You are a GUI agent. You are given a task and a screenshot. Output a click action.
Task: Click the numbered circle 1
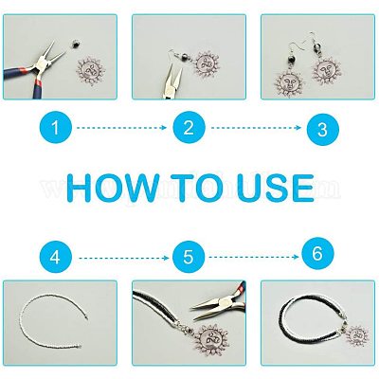click(56, 128)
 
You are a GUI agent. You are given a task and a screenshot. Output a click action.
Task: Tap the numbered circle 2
click(189, 128)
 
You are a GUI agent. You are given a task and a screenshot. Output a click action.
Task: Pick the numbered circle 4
click(56, 258)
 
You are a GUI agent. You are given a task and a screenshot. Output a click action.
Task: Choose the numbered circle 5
click(189, 258)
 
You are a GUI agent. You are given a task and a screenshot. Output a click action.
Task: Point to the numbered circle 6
click(317, 253)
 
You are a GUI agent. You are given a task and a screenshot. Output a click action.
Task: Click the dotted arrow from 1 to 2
click(122, 128)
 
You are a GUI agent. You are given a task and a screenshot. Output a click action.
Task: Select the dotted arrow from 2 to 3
click(256, 128)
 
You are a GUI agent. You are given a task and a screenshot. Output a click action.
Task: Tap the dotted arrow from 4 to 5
click(124, 258)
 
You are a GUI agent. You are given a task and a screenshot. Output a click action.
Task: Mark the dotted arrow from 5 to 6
click(254, 257)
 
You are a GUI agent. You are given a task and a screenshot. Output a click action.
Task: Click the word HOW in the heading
click(112, 188)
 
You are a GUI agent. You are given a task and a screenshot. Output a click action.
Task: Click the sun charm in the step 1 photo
click(92, 70)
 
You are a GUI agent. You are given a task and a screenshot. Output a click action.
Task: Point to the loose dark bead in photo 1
click(75, 44)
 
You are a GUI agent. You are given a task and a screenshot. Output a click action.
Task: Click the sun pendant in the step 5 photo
click(209, 338)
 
